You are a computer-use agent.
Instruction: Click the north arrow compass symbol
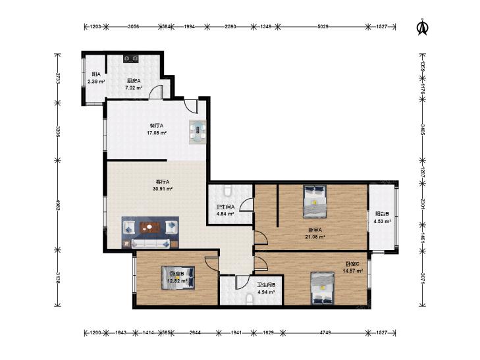click(x=423, y=27)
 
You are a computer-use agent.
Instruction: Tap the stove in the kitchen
click(x=132, y=59)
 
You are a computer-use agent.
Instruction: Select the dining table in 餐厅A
click(x=198, y=132)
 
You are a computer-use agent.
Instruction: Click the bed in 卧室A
click(x=315, y=201)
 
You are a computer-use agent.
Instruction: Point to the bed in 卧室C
click(x=323, y=288)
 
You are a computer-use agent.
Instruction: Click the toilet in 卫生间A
click(x=227, y=191)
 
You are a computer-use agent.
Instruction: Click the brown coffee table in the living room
click(x=150, y=228)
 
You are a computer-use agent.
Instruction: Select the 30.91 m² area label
click(x=163, y=189)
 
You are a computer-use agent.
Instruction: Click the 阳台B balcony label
click(x=383, y=214)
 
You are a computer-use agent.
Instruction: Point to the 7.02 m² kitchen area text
click(x=134, y=88)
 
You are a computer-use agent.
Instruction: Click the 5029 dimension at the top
click(x=323, y=26)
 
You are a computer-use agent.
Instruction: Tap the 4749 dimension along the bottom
click(x=325, y=332)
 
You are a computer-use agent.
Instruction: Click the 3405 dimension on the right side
click(x=423, y=130)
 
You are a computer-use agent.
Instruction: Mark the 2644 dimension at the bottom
click(x=195, y=332)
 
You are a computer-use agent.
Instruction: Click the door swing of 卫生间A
click(x=246, y=204)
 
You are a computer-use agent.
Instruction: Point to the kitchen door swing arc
click(x=155, y=91)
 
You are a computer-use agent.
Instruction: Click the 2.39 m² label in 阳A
click(x=96, y=82)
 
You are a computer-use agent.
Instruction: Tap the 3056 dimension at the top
click(x=134, y=26)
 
